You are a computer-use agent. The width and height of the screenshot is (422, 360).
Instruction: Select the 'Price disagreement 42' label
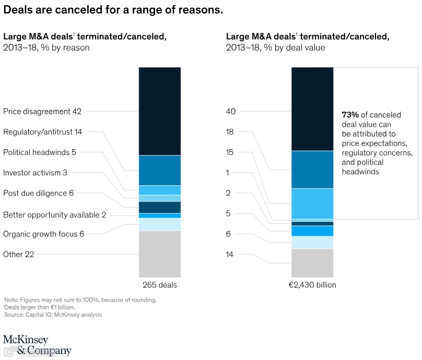pos(42,111)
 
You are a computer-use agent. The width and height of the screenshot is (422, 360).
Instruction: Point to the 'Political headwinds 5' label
pos(40,152)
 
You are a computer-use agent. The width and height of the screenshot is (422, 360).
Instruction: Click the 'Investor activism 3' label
pos(35,173)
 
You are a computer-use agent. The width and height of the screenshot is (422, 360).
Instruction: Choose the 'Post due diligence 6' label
pos(39,193)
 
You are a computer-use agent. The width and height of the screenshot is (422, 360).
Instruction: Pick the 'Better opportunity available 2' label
pos(55,215)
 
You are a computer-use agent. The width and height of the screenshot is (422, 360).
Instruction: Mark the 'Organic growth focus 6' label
pos(44,234)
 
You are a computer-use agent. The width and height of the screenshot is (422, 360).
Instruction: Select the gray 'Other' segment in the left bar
pos(160,254)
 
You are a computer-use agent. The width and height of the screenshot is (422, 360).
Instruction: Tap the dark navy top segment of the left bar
pos(160,111)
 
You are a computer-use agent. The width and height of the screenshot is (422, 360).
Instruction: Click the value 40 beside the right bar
pos(231,111)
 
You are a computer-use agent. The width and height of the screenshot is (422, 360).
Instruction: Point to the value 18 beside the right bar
pos(230,132)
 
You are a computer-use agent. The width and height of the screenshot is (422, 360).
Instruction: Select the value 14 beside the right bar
pos(230,254)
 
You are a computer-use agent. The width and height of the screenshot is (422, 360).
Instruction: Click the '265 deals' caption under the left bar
pos(160,285)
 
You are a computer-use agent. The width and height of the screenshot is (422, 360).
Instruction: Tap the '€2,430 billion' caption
pos(312,285)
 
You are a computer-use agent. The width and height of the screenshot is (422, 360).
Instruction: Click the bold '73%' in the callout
pos(350,114)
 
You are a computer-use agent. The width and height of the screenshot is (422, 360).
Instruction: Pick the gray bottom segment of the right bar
pos(312,262)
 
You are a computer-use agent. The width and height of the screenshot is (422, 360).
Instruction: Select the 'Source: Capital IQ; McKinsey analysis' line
pos(53,315)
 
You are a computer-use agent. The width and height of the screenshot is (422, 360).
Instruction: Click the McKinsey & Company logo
pos(37,344)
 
